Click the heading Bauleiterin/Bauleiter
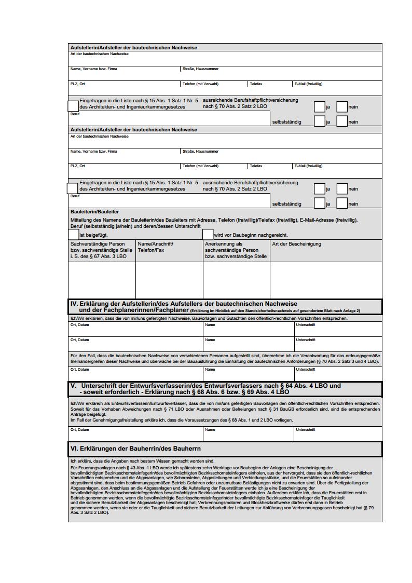click(x=94, y=212)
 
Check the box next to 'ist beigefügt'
click(x=74, y=235)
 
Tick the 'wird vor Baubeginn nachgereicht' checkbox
click(x=208, y=235)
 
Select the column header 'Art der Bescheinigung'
click(x=296, y=244)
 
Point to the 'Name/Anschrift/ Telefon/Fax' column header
click(x=156, y=247)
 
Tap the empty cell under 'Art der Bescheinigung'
click(x=326, y=280)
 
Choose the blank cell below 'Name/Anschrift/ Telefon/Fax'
click(x=169, y=280)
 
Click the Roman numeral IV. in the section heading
click(x=74, y=303)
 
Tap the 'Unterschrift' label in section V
click(x=306, y=430)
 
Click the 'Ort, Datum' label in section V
click(x=79, y=430)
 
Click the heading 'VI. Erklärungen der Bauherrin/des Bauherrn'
click(x=135, y=449)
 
